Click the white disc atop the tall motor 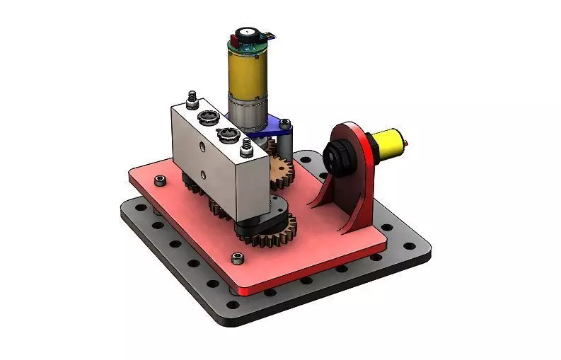(247, 33)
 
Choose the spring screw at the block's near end (246, 146)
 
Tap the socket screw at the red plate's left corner (161, 181)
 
